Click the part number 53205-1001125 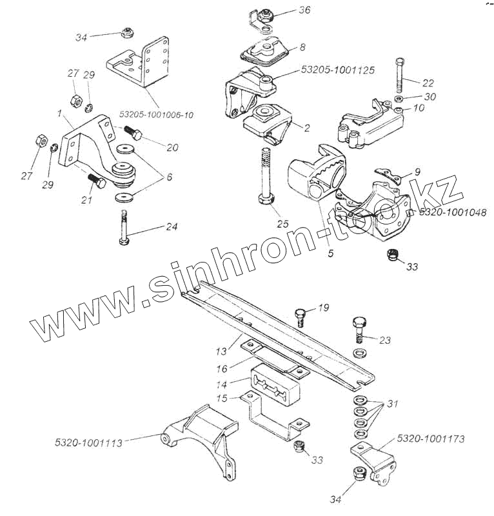tap(337, 69)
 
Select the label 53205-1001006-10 tap(156, 114)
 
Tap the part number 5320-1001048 tap(451, 212)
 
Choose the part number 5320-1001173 tap(430, 439)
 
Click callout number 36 tap(304, 10)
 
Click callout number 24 tap(171, 227)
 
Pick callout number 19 tap(324, 308)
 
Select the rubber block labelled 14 tap(273, 387)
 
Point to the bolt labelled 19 tap(301, 317)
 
